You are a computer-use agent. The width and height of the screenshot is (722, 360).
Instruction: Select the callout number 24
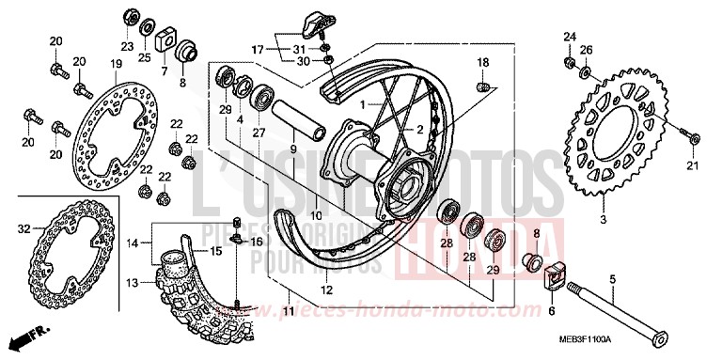click(569, 37)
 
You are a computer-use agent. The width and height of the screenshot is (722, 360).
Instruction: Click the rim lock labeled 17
click(315, 22)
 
